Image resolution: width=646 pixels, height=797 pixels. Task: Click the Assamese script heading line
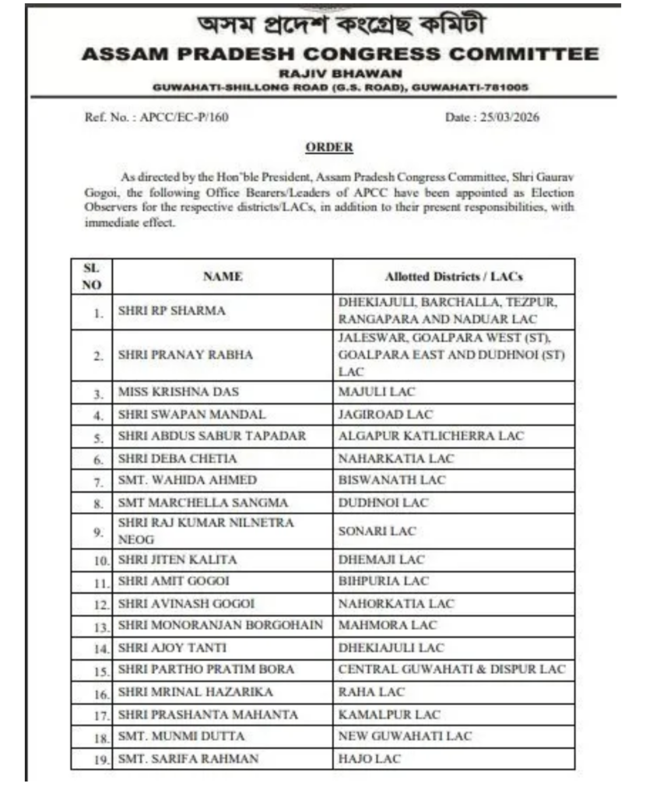[341, 25]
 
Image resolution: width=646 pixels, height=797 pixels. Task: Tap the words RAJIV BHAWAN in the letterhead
[340, 73]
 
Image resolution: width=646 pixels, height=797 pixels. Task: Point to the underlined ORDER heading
[329, 147]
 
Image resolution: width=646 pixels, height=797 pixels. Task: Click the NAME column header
[223, 276]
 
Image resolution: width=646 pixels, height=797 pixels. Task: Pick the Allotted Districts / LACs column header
[454, 277]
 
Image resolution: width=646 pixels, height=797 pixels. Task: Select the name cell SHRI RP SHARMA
[172, 311]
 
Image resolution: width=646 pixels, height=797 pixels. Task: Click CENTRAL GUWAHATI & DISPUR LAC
[451, 669]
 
